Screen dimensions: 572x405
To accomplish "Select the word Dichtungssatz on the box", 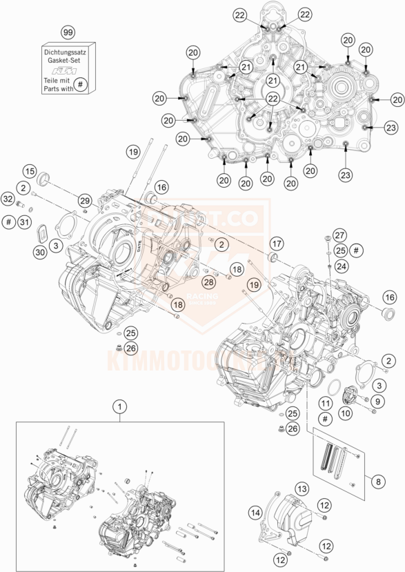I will (x=67, y=51).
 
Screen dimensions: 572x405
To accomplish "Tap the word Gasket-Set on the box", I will (x=67, y=60).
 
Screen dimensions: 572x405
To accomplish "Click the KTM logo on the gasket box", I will (x=67, y=70).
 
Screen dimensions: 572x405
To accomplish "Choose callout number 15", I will (x=29, y=171).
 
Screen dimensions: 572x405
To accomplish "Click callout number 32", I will (x=8, y=199).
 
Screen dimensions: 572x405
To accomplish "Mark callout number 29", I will (x=83, y=200).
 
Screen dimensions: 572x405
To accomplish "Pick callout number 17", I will (x=276, y=243).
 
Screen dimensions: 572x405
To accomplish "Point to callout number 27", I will (x=339, y=235).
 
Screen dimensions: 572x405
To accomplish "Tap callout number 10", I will (x=345, y=412).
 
